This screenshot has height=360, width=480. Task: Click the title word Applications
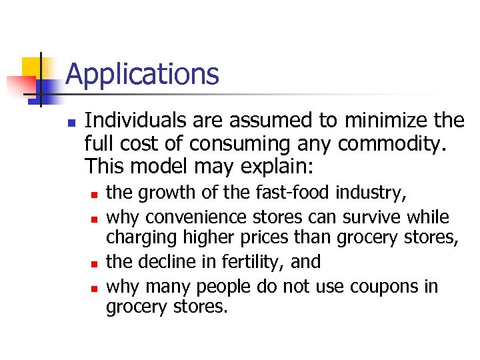[x=142, y=74]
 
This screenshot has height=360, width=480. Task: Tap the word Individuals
[x=133, y=121]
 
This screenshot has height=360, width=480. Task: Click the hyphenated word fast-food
[x=293, y=193]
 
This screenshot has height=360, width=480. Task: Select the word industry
[x=371, y=193]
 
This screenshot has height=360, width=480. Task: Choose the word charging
[x=138, y=238]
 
